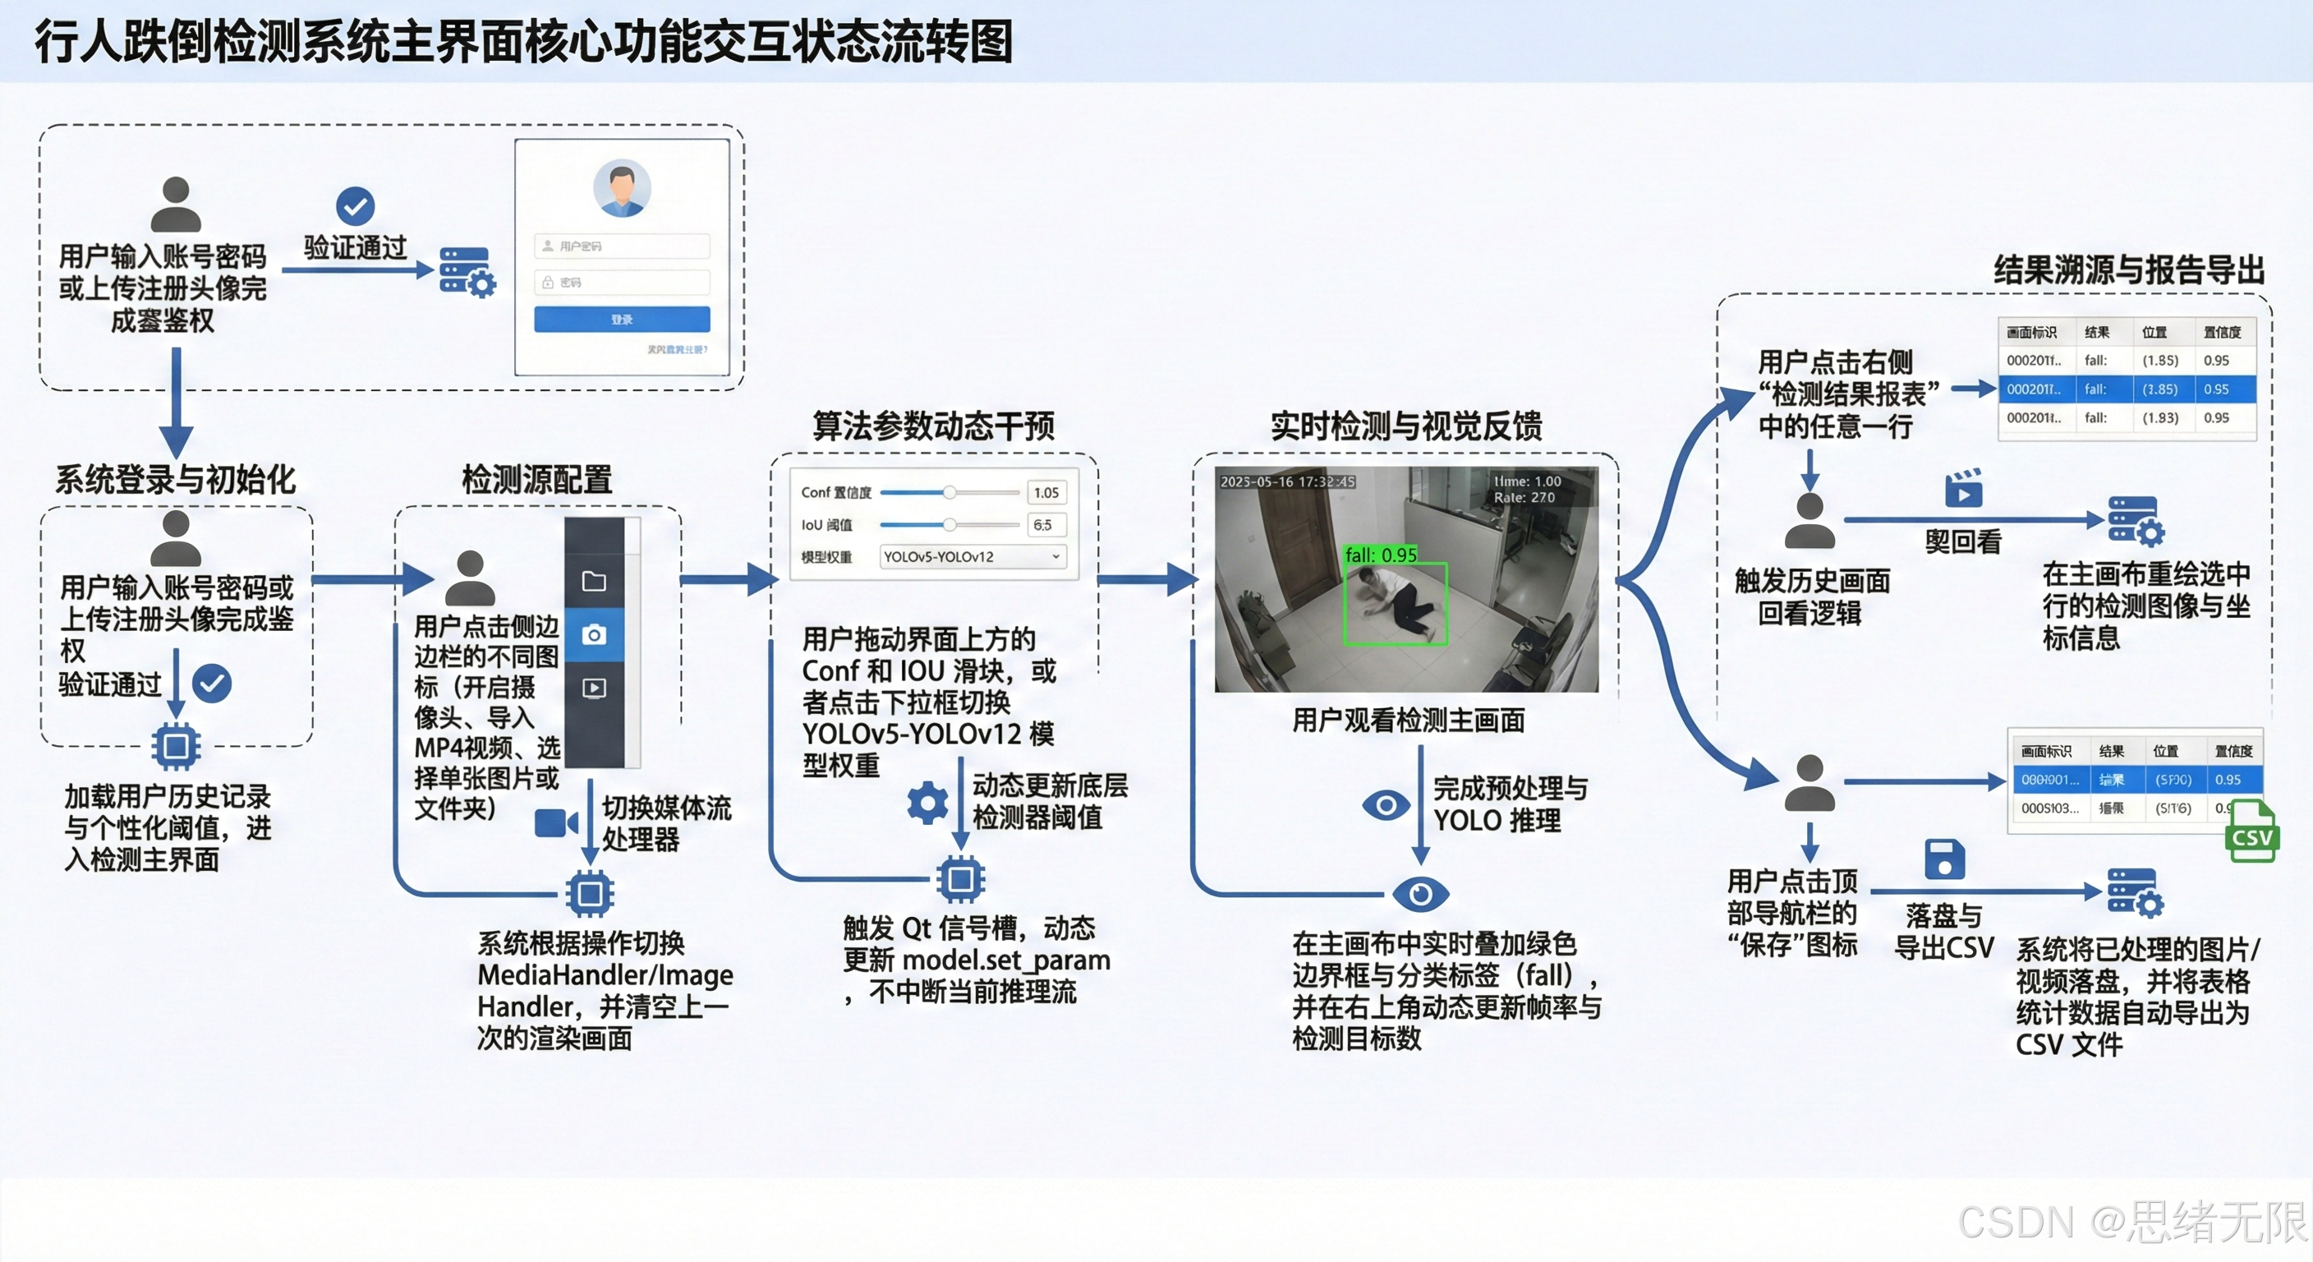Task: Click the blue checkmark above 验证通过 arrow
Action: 355,205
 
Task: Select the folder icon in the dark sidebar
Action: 594,581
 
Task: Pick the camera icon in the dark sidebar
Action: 594,635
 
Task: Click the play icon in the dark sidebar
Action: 594,688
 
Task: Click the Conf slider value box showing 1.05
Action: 1046,492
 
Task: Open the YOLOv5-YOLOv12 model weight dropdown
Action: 973,557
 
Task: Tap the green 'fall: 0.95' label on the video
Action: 1380,555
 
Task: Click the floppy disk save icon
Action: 1944,859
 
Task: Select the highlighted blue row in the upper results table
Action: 2127,389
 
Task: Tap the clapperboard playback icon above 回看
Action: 1964,489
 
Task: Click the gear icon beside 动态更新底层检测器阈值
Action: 927,802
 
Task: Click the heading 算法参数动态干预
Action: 933,426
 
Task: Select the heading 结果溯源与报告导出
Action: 2128,269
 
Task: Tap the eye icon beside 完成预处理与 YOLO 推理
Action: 1386,804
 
